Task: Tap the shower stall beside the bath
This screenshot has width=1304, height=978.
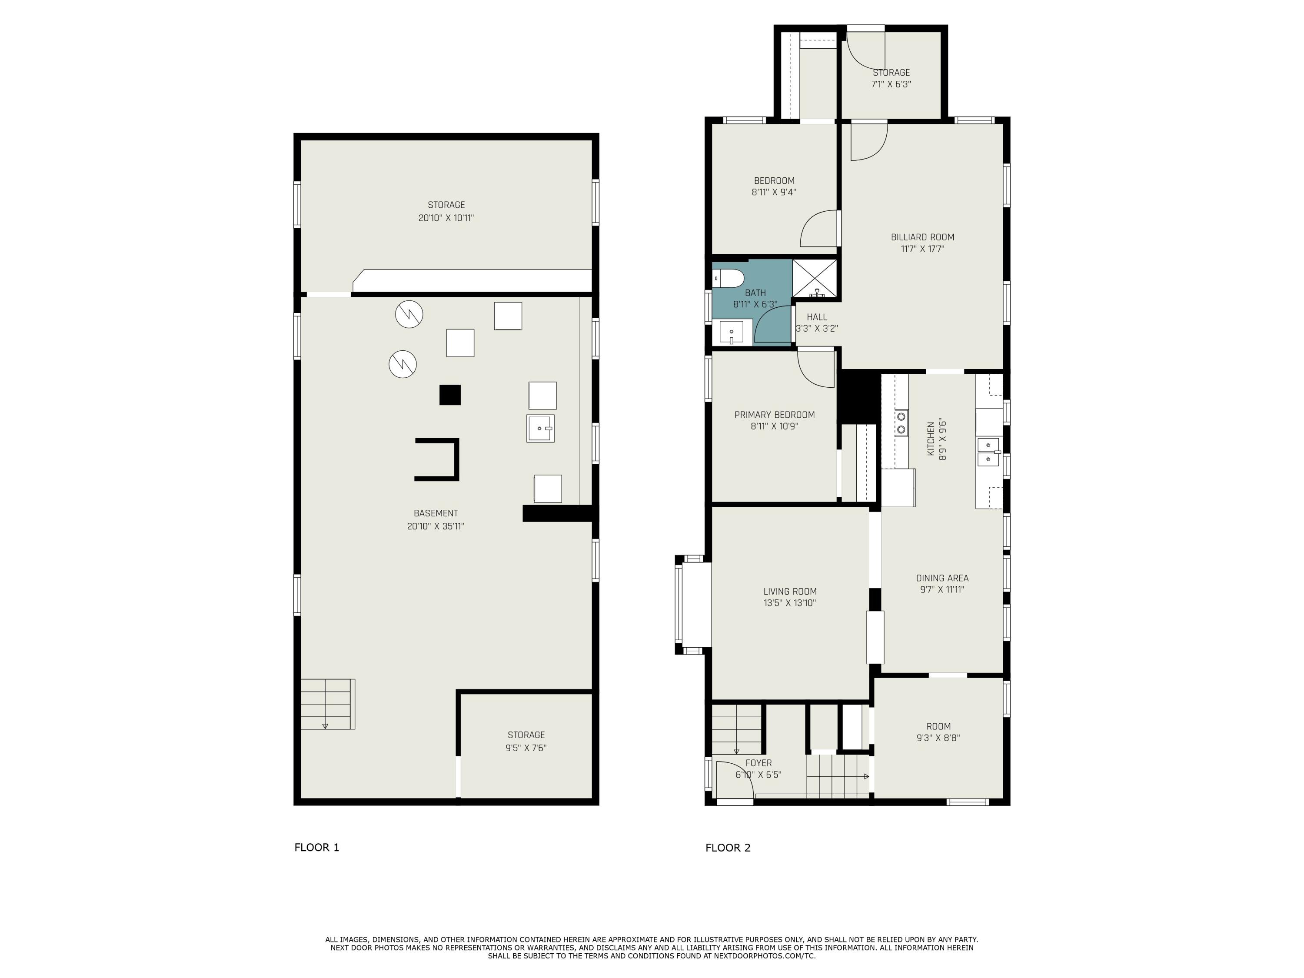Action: (814, 278)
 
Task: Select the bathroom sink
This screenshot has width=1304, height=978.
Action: (732, 333)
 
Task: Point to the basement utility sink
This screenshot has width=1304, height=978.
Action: (540, 429)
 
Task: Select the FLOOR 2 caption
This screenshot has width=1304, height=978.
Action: (728, 848)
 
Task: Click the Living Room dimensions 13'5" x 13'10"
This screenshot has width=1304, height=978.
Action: (790, 603)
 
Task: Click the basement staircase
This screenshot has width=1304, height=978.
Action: (328, 704)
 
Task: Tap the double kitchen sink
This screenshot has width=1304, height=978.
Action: (988, 452)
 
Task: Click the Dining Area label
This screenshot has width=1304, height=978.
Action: (942, 578)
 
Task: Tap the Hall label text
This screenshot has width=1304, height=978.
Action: (817, 317)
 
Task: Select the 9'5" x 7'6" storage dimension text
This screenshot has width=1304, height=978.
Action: (526, 748)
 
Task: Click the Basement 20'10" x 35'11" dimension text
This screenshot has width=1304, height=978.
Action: (436, 526)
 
